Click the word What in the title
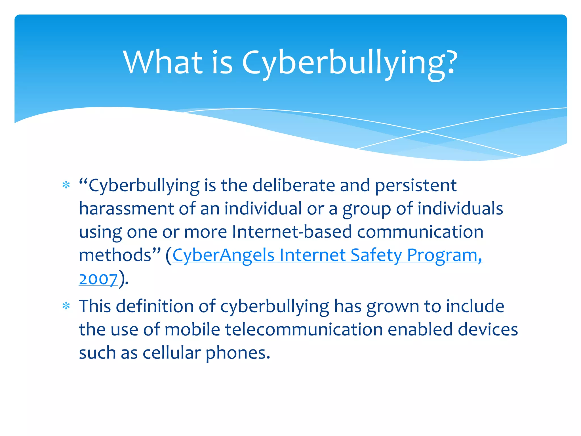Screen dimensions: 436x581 pos(163,62)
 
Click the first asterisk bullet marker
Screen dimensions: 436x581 pos(66,185)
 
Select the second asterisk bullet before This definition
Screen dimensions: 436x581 pos(66,306)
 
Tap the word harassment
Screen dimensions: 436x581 pos(126,209)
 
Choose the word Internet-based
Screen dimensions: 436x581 pos(292,232)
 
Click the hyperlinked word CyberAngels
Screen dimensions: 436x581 pos(223,255)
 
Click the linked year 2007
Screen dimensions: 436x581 pos(98,279)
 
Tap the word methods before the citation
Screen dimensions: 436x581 pos(115,255)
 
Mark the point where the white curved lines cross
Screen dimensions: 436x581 pos(425,132)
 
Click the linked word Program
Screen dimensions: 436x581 pos(442,255)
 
